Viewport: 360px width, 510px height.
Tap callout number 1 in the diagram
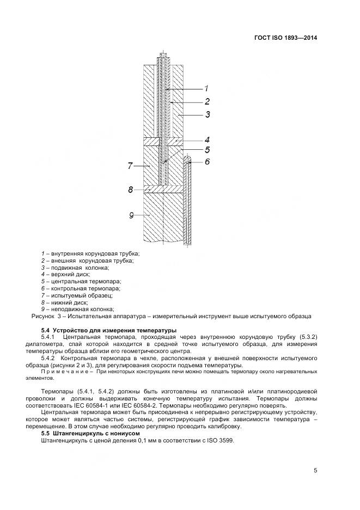tap(206, 88)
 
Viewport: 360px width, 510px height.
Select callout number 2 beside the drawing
tap(208, 101)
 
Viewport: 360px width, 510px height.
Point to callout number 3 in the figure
tap(208, 114)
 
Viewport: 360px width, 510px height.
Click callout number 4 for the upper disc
tap(207, 139)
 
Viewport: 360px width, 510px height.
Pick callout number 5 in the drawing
tap(207, 150)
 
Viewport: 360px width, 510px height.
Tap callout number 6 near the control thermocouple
tap(207, 162)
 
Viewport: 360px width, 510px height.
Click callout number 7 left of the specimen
tap(130, 166)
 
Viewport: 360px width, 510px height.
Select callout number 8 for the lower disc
tap(131, 190)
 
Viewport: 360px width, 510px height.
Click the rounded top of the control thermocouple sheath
tap(187, 159)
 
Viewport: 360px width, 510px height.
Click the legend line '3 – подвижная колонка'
tap(75, 268)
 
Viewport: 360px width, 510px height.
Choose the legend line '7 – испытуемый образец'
tap(77, 295)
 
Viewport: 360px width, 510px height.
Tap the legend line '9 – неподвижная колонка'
tap(81, 309)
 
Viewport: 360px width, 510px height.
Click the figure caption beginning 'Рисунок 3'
tap(172, 316)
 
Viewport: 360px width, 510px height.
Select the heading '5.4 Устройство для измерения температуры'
tap(109, 331)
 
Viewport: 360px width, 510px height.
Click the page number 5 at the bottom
tap(315, 471)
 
